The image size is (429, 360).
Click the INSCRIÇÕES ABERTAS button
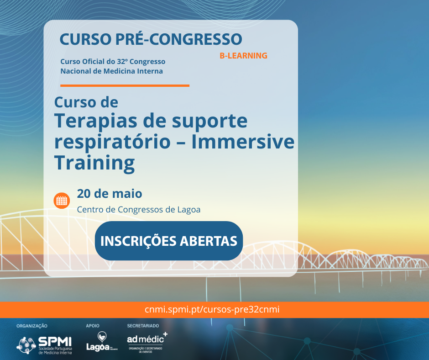169,241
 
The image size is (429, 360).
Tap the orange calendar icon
62,201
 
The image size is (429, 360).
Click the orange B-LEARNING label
244,56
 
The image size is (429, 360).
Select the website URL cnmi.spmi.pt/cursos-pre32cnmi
212,309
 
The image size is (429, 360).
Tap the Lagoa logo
102,342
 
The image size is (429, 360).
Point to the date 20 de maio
110,194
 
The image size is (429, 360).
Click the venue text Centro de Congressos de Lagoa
139,210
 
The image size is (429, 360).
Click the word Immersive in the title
243,142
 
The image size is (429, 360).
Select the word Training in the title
94,163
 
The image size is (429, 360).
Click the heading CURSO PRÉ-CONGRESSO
151,39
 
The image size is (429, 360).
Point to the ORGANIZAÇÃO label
32,326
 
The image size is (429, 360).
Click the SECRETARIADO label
143,326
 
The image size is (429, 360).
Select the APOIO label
93,326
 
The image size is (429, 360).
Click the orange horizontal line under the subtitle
125,86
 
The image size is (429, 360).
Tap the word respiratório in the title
112,143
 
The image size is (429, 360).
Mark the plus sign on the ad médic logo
165,334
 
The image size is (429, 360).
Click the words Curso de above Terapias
86,102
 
